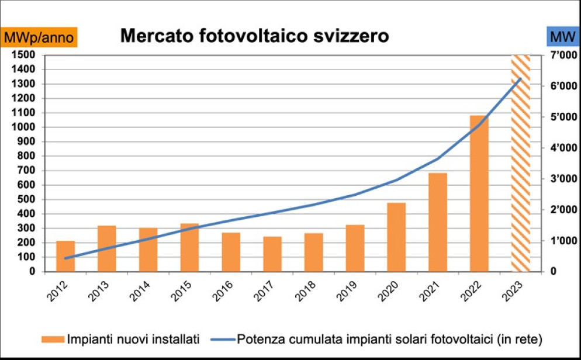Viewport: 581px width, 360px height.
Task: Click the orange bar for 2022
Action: pyautogui.click(x=479, y=193)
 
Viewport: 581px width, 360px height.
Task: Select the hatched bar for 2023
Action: pyautogui.click(x=521, y=163)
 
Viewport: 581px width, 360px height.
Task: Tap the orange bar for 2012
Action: pyautogui.click(x=65, y=257)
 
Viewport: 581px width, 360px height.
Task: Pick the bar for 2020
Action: pyautogui.click(x=396, y=237)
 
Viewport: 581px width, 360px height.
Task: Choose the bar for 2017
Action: pyautogui.click(x=272, y=254)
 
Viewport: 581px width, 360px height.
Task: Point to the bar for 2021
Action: pyautogui.click(x=438, y=223)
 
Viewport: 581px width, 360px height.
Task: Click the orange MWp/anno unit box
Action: pyautogui.click(x=39, y=37)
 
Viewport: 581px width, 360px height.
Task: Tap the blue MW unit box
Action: pyautogui.click(x=563, y=37)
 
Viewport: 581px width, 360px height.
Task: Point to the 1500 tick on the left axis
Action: pyautogui.click(x=23, y=55)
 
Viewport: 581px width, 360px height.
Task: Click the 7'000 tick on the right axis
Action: pyautogui.click(x=563, y=55)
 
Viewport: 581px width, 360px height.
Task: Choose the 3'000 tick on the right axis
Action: pyautogui.click(x=563, y=179)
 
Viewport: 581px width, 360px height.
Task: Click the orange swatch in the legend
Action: pyautogui.click(x=53, y=339)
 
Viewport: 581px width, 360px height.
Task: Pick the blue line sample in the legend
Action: pyautogui.click(x=223, y=340)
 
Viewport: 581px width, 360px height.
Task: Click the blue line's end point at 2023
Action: pyautogui.click(x=521, y=78)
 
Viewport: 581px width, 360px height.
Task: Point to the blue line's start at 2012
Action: pyautogui.click(x=65, y=258)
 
